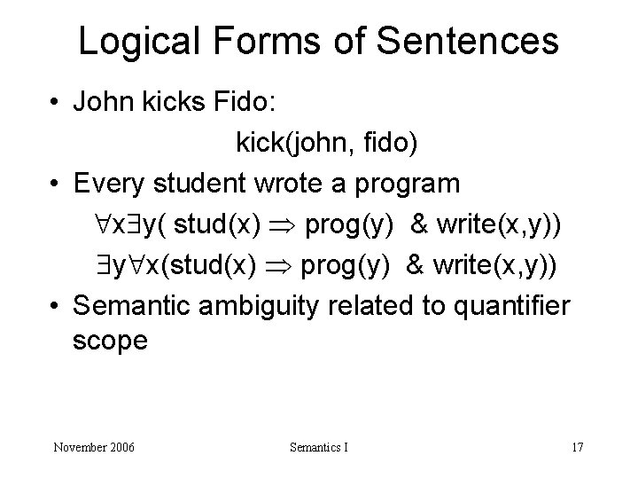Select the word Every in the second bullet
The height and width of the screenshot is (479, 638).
[x=109, y=184]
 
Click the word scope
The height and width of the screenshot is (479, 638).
[x=111, y=341]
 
